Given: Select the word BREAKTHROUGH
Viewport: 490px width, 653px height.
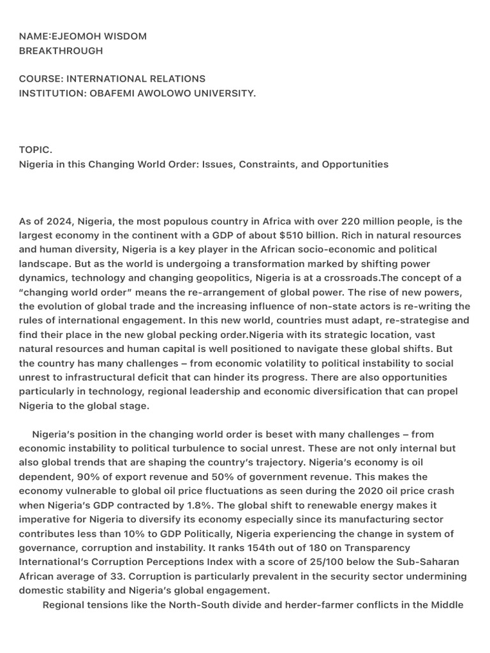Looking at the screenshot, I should tap(61, 51).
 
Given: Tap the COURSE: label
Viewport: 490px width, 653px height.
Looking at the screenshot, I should tap(41, 79).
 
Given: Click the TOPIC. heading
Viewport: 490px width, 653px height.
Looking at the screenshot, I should tap(36, 150).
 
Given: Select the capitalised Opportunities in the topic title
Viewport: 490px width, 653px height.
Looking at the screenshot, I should tap(355, 165).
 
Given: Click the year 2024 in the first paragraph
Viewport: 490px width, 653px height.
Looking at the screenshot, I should tap(57, 221).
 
